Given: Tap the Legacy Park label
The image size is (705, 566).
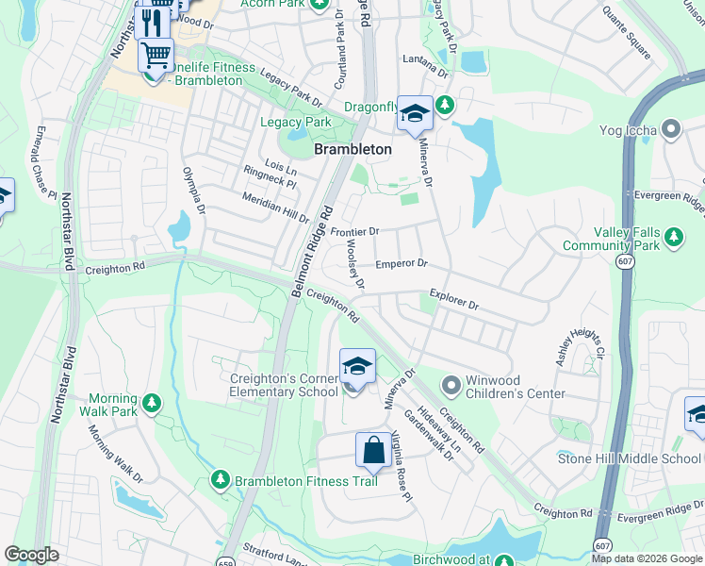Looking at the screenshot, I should pyautogui.click(x=296, y=123).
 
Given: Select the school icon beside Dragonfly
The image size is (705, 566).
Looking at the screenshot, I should pyautogui.click(x=415, y=114).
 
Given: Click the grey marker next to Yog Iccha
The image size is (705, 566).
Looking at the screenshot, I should pyautogui.click(x=671, y=128).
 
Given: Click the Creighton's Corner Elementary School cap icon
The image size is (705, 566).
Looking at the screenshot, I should pyautogui.click(x=357, y=366).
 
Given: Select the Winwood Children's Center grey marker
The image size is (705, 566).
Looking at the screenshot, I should pyautogui.click(x=451, y=384).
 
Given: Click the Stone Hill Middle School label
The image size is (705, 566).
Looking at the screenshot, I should pyautogui.click(x=641, y=459).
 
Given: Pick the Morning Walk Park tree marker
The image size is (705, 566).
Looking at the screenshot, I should pyautogui.click(x=151, y=405).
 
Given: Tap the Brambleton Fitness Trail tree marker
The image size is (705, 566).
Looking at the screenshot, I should pyautogui.click(x=221, y=480).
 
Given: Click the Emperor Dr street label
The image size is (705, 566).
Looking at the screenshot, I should pyautogui.click(x=402, y=264).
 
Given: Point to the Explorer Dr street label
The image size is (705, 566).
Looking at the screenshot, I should pyautogui.click(x=454, y=301).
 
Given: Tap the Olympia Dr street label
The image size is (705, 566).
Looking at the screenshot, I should pyautogui.click(x=194, y=188).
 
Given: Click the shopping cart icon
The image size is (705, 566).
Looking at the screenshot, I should pyautogui.click(x=156, y=54).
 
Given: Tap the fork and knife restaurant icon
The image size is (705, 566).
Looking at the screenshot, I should pyautogui.click(x=151, y=20).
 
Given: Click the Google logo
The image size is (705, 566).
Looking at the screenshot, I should pyautogui.click(x=32, y=555).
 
